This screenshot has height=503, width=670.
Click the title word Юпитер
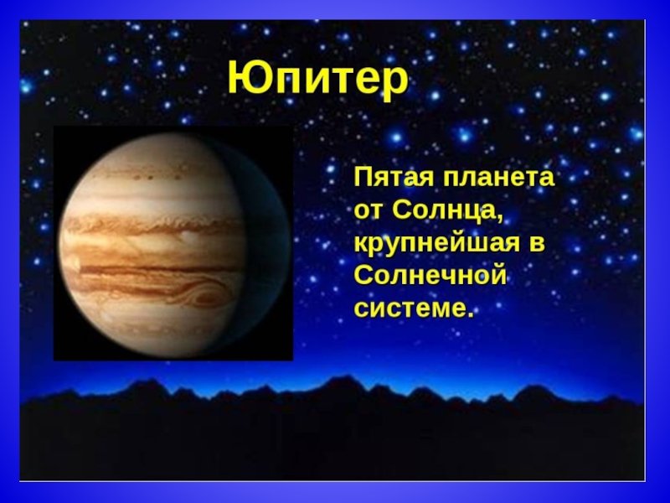tap(318, 80)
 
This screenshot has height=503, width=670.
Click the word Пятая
tap(393, 178)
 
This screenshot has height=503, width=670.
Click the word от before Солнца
tap(369, 212)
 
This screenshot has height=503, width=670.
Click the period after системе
tap(471, 315)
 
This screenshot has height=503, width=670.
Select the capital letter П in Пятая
tap(363, 177)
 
